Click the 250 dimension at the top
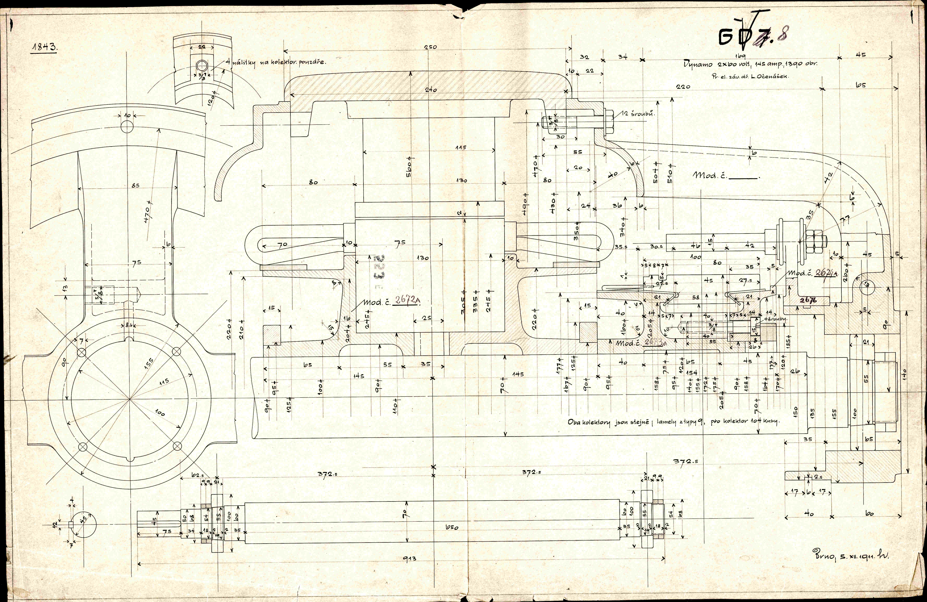click(430, 47)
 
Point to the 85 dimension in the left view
click(135, 186)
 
